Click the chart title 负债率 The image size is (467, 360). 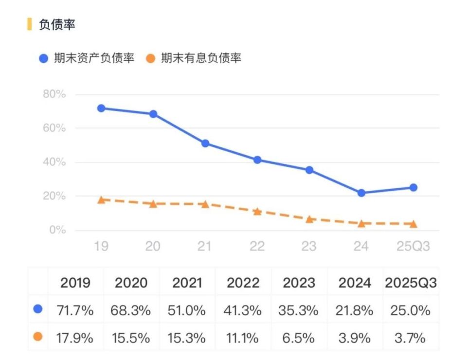coord(57,25)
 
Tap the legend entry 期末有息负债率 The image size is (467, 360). coord(201,58)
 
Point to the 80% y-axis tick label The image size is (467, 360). coord(54,94)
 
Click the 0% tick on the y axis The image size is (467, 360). coord(57,230)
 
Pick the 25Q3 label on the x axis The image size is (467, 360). coord(413,247)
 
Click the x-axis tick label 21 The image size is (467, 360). coord(205,247)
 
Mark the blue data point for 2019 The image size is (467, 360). coord(101,108)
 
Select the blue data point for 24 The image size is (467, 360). coord(361,193)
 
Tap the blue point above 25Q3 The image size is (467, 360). coord(413,187)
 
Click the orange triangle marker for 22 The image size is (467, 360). coord(257,212)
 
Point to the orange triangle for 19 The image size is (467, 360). coord(101,200)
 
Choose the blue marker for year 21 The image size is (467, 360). coord(205,144)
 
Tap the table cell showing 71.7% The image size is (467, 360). coord(76,310)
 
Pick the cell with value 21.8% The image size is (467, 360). coord(355,310)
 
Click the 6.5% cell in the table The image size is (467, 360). coord(299,337)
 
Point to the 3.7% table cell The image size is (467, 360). coord(411,337)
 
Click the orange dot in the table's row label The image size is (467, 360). coord(38,337)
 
